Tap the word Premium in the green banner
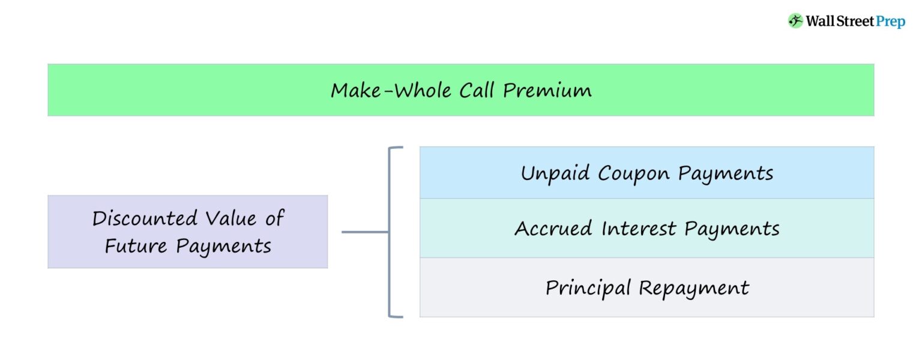tap(547, 91)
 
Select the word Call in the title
tap(478, 91)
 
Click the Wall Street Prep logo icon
tap(795, 21)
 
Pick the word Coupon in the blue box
tap(634, 174)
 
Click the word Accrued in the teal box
tap(552, 229)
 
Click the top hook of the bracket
tap(396, 147)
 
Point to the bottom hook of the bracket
tap(396, 316)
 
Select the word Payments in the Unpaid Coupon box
tap(726, 174)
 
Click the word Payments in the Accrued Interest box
tap(732, 229)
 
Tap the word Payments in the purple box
tap(223, 247)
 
